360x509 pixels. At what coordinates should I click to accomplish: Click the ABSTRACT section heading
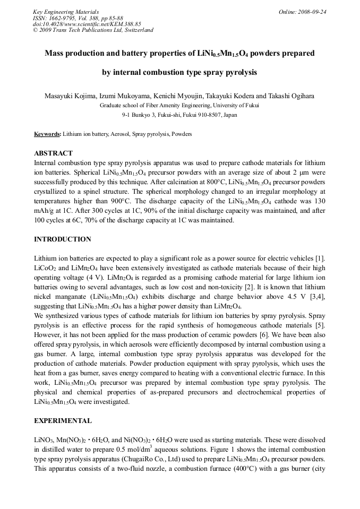(53, 153)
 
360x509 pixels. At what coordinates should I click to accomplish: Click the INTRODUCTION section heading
(62, 239)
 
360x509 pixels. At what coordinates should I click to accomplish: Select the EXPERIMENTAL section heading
(63, 421)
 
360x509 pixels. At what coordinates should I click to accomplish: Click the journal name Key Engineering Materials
(65, 12)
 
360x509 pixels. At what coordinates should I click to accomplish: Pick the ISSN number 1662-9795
(62, 18)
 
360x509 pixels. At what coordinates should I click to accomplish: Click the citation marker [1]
(320, 258)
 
